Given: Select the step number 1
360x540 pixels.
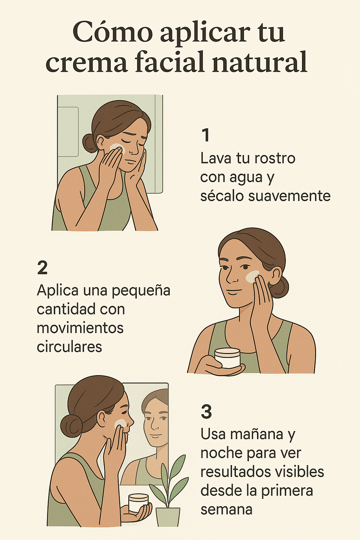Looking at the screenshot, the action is click(x=205, y=135).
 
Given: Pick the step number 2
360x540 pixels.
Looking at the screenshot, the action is click(x=43, y=268).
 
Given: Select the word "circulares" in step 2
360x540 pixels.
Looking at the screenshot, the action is click(x=70, y=347).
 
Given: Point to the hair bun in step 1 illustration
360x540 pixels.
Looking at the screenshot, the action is click(x=89, y=143).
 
